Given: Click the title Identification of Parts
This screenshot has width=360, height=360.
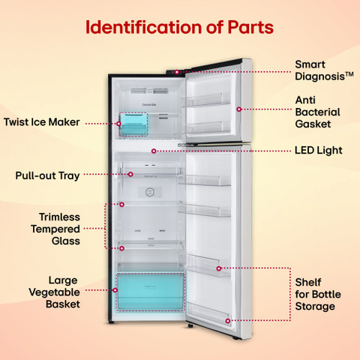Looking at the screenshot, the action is [179, 27].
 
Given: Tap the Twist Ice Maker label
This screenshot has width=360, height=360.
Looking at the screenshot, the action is [42, 122].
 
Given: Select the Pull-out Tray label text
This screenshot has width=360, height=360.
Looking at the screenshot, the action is [47, 175].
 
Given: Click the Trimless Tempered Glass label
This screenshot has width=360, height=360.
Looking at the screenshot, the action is [55, 229].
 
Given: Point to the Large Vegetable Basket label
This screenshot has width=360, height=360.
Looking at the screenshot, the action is [54, 292].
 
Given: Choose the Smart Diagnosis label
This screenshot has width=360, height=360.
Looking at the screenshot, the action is [324, 70].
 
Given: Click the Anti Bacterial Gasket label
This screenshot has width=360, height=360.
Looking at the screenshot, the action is [317, 112].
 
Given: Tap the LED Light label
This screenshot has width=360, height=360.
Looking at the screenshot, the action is [319, 151].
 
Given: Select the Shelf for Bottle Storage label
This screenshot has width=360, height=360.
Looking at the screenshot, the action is [318, 295].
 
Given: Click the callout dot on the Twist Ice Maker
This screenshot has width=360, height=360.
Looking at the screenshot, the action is [118, 124].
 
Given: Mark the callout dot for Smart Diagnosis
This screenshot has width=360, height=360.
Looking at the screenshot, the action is [177, 72].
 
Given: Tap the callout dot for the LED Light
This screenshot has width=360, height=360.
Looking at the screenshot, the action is [154, 151].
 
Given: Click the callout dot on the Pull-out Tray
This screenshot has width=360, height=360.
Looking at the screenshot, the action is [130, 174].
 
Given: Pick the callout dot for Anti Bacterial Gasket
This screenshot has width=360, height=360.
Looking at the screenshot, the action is [239, 109].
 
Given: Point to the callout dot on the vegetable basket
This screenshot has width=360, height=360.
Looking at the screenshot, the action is [115, 290].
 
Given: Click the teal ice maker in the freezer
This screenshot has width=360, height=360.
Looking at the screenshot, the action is [133, 124].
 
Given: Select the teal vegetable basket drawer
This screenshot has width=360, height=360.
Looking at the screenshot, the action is [151, 292].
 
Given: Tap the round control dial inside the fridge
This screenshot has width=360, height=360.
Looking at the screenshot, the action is [150, 192].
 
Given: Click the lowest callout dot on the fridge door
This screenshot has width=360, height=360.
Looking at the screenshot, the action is [228, 321].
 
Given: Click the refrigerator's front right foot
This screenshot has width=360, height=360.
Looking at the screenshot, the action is [190, 325].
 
